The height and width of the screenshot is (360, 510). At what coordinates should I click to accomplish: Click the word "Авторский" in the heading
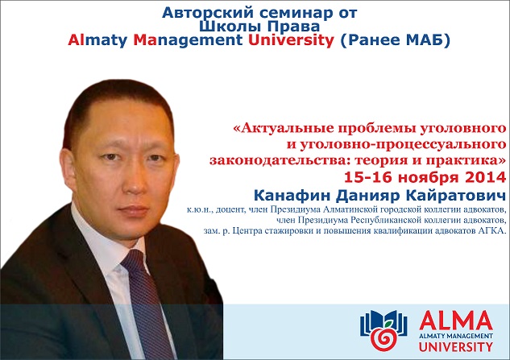click(208, 13)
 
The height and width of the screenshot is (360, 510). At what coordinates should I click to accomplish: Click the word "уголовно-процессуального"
click(402, 144)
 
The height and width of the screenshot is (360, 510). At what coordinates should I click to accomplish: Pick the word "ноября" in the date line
click(429, 177)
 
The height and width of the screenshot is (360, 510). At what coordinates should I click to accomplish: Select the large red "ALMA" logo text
click(456, 321)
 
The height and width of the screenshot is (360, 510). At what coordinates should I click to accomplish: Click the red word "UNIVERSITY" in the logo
click(456, 346)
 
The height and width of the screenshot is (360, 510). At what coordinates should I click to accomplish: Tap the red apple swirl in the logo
click(384, 339)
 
